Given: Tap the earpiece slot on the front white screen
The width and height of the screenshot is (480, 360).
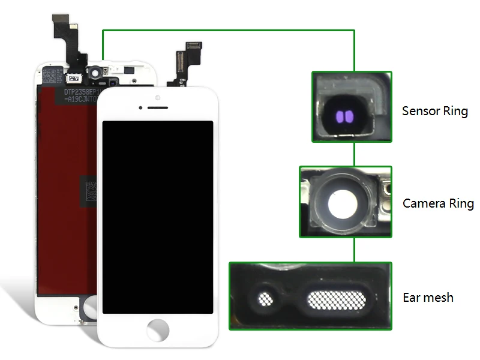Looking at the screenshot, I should (x=158, y=108).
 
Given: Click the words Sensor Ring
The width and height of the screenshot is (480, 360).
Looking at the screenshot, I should (x=434, y=111).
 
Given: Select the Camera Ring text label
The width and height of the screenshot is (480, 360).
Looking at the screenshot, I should (x=437, y=203).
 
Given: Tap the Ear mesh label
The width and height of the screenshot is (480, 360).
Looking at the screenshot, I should (x=428, y=297).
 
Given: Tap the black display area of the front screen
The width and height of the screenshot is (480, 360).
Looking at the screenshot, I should (x=158, y=216).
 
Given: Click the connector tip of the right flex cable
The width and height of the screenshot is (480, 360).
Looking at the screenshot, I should (x=194, y=46).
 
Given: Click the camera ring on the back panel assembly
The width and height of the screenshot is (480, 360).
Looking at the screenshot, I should (x=95, y=73).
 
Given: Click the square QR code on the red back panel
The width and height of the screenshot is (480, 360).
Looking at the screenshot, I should (x=89, y=190).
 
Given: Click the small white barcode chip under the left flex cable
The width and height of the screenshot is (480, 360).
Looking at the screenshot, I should (x=73, y=78).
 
